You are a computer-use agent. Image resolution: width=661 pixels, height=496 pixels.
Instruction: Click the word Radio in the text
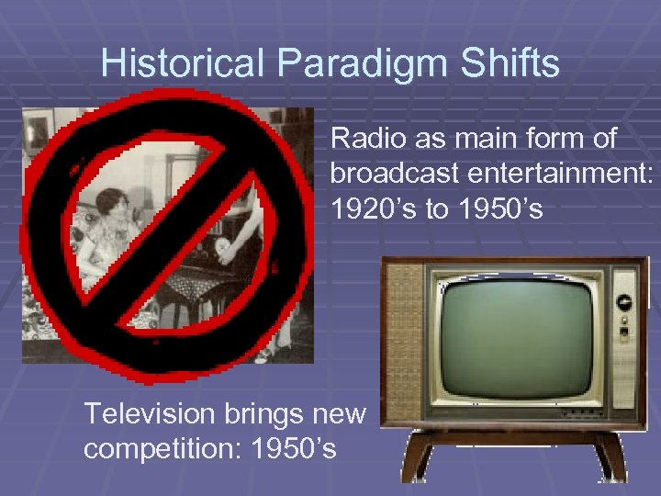click(x=364, y=139)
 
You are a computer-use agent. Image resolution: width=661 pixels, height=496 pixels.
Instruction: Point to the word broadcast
click(x=391, y=174)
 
